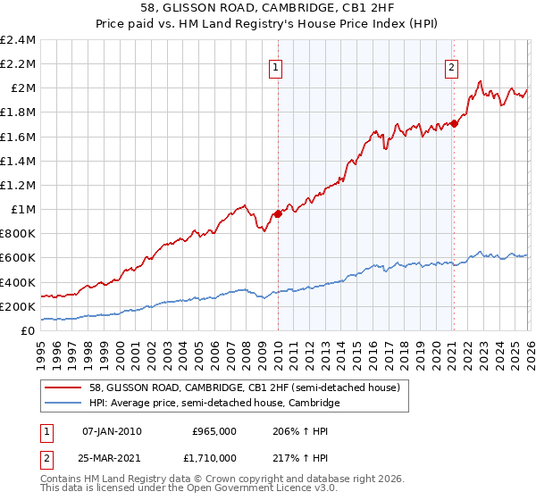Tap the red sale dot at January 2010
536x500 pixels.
pyautogui.click(x=278, y=213)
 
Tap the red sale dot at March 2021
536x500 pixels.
pyautogui.click(x=454, y=123)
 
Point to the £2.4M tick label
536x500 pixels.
pyautogui.click(x=18, y=40)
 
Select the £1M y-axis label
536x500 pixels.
pyautogui.click(x=21, y=210)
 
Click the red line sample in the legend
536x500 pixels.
pyautogui.click(x=64, y=387)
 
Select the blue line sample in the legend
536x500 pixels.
pyautogui.click(x=64, y=404)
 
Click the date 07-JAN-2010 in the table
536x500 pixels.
pyautogui.click(x=112, y=430)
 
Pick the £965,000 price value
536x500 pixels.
pyautogui.click(x=214, y=430)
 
